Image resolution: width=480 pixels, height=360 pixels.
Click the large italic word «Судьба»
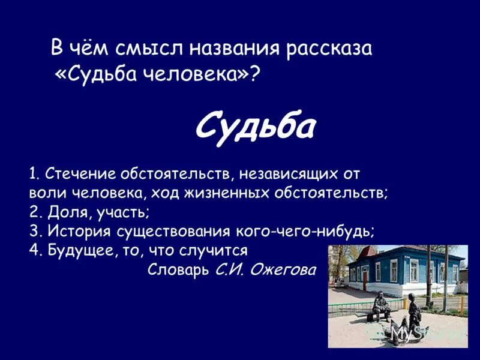point(256,125)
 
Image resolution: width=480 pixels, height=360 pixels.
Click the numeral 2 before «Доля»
point(33,212)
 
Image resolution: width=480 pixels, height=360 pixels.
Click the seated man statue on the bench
point(381,305)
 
